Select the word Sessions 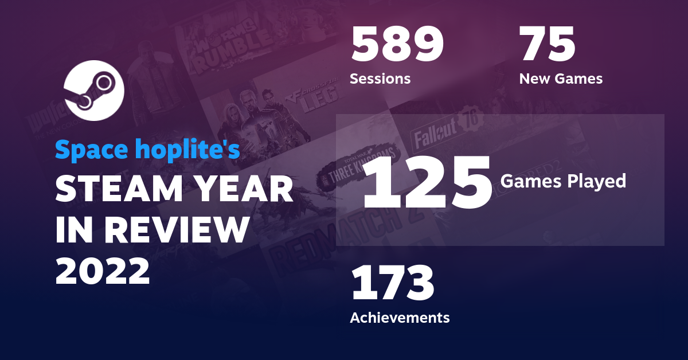click(380, 79)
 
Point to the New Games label click(561, 79)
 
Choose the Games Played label click(563, 181)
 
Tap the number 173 click(393, 284)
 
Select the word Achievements click(400, 317)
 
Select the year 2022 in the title click(103, 271)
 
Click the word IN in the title click(73, 230)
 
